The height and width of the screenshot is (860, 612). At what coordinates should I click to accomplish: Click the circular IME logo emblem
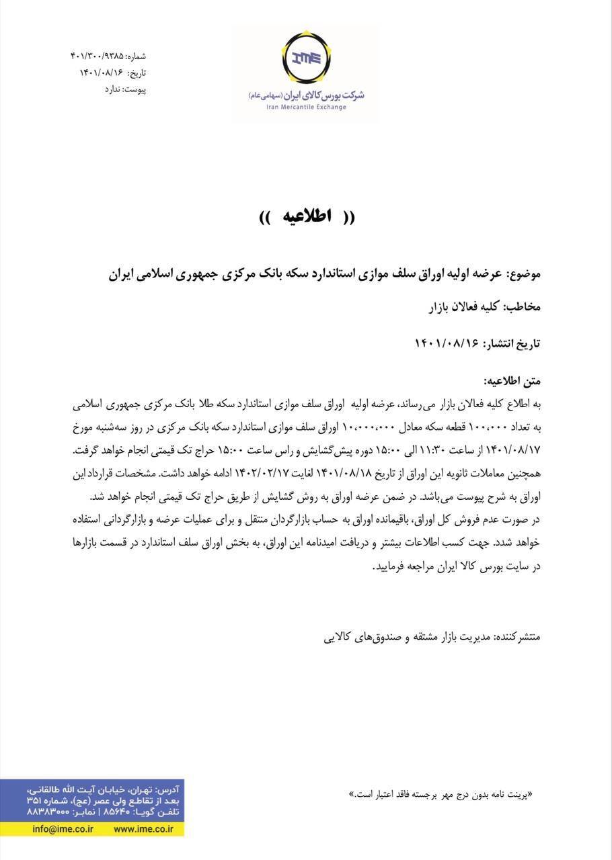click(x=306, y=60)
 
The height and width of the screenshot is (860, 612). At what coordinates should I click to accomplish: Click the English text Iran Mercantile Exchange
click(x=307, y=107)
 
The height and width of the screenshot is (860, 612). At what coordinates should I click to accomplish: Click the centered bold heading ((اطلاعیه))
click(x=307, y=217)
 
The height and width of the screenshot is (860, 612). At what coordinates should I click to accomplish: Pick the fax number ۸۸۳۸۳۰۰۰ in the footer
click(x=48, y=812)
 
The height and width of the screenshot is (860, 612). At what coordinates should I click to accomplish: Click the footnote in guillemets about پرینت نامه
click(x=441, y=793)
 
